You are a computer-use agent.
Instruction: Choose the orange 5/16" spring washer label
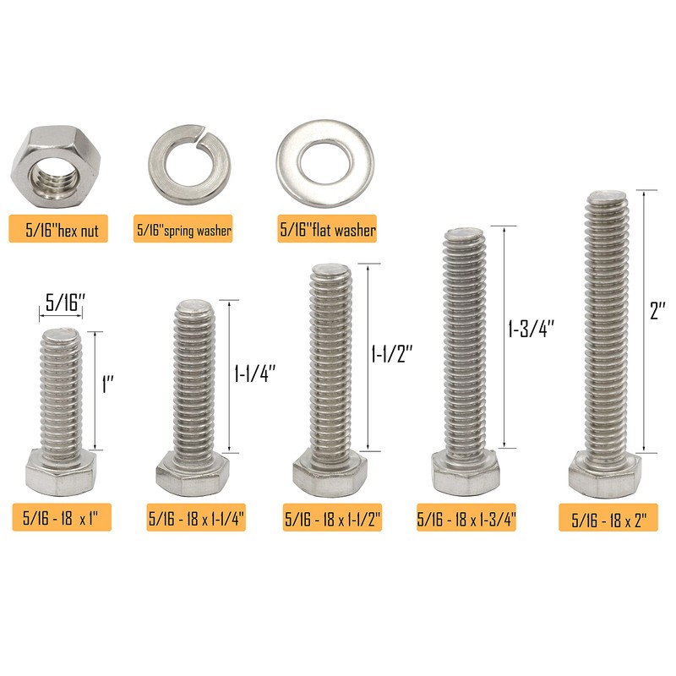(x=183, y=228)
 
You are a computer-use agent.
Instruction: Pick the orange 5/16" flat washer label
(x=327, y=228)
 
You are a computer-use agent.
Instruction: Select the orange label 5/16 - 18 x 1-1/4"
(x=196, y=517)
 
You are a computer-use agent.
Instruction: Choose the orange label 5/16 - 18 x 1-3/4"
(x=466, y=517)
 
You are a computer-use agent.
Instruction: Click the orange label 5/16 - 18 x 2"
(x=608, y=517)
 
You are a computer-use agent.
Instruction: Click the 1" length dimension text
(x=107, y=386)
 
